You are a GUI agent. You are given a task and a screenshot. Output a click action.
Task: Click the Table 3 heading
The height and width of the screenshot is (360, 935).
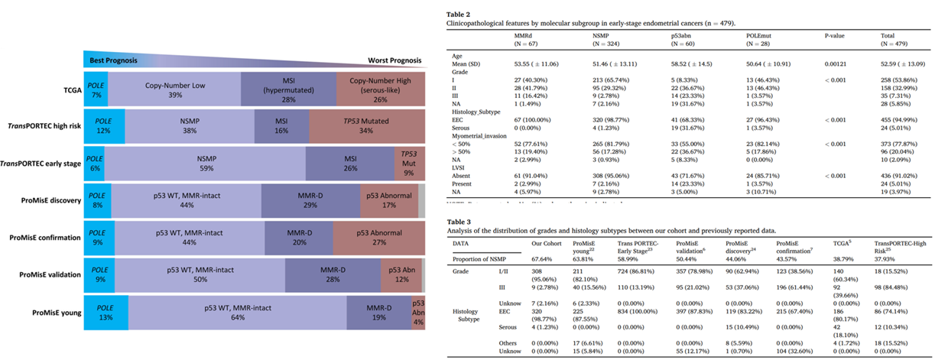[x=457, y=220]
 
